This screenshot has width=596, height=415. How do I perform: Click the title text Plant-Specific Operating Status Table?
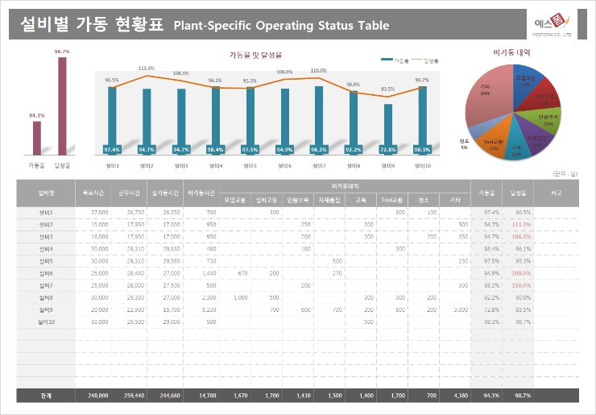[x=281, y=26]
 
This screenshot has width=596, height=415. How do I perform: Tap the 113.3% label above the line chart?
[x=146, y=68]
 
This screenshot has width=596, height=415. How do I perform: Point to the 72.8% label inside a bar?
[x=388, y=149]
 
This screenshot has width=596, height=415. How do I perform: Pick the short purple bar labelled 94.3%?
[x=37, y=138]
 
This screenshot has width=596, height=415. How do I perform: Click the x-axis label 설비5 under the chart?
[x=250, y=165]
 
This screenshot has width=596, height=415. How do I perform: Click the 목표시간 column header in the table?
[x=88, y=193]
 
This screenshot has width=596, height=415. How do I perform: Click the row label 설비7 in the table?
[x=45, y=285]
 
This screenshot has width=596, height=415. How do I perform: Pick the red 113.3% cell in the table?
[x=521, y=224]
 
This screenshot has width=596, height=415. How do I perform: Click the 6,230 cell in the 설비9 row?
[x=206, y=309]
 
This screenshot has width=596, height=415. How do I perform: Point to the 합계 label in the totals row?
[x=45, y=396]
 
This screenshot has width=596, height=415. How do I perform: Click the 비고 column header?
[x=557, y=193]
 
